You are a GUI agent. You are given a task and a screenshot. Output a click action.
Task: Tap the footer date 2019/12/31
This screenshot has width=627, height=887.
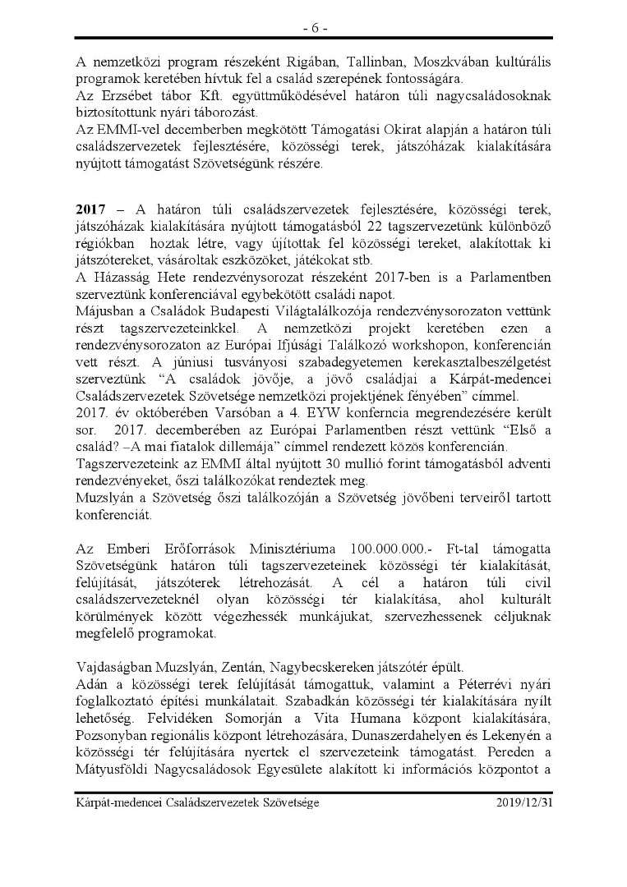coord(524,802)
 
